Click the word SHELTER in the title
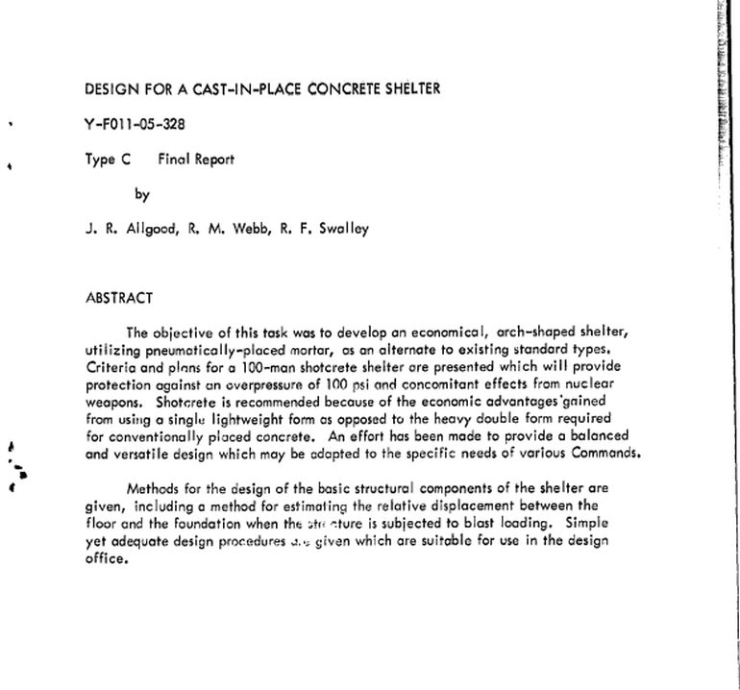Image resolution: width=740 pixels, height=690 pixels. [x=407, y=90]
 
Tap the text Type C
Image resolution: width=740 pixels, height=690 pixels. [x=108, y=160]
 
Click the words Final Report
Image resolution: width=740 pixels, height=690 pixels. [x=196, y=160]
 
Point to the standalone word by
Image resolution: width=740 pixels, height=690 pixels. [x=143, y=194]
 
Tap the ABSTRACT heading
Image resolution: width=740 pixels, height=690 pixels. [x=119, y=298]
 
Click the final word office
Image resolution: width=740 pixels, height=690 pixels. [x=107, y=557]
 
